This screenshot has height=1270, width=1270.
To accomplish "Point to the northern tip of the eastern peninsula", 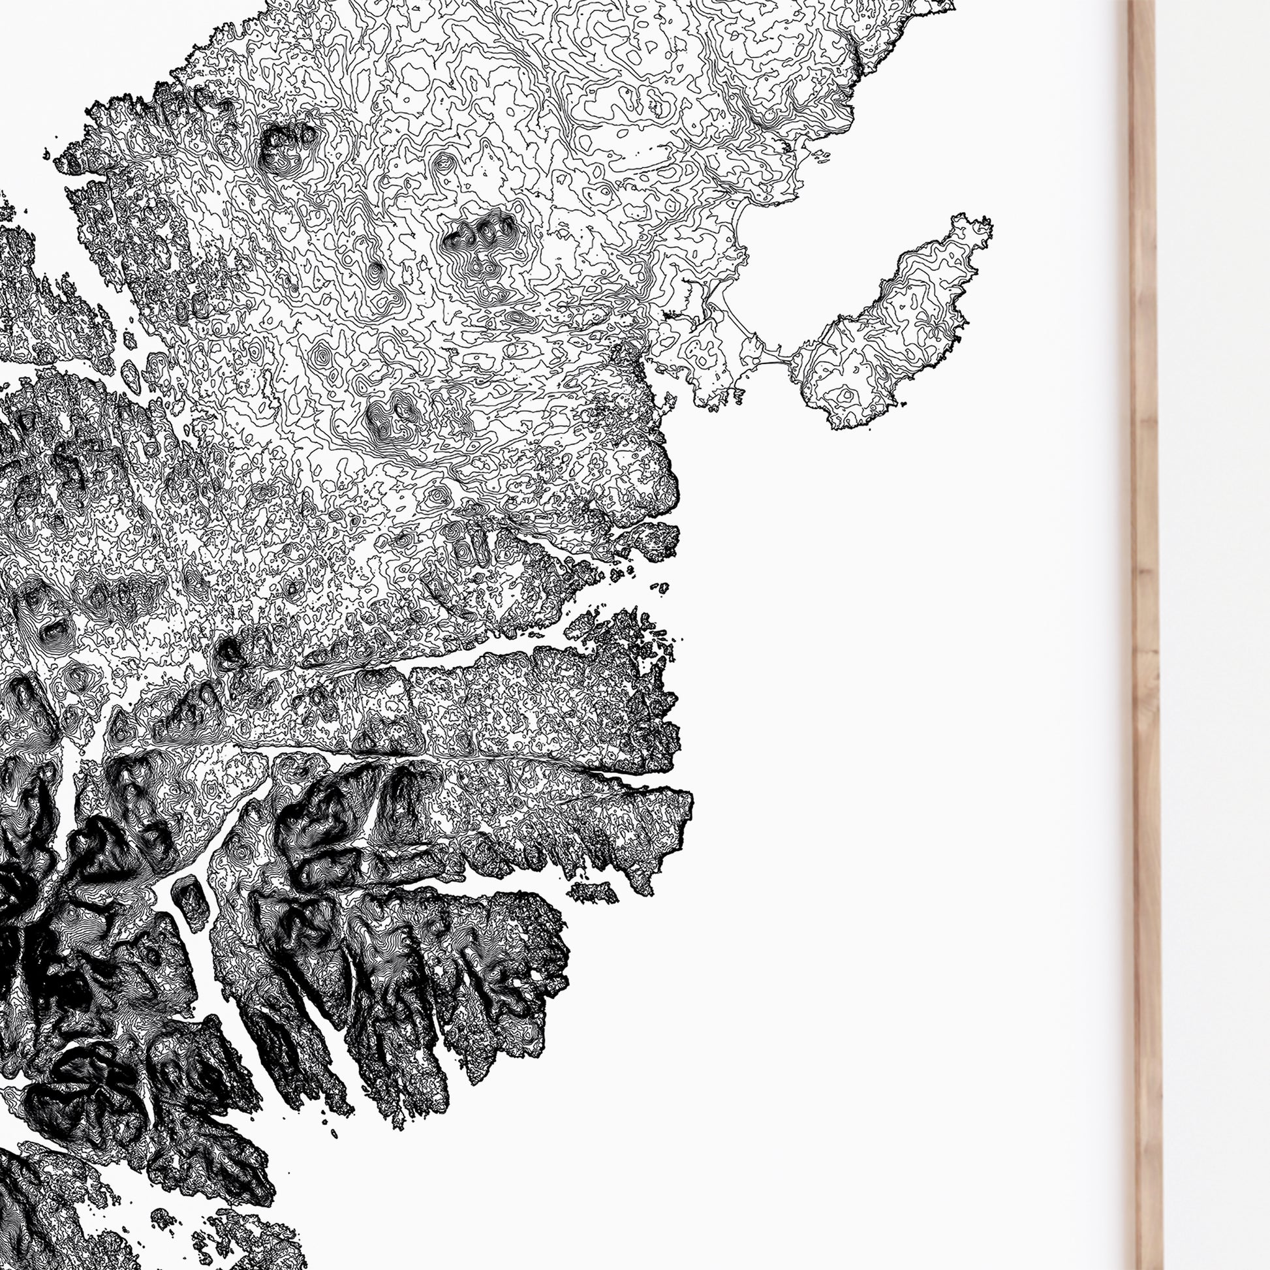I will point(973,223).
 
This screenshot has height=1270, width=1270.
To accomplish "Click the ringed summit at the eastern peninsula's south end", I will point(844,395).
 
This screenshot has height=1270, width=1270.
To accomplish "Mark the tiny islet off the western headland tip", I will point(46,155).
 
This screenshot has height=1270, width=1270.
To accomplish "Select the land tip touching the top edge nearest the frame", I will point(946,5).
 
